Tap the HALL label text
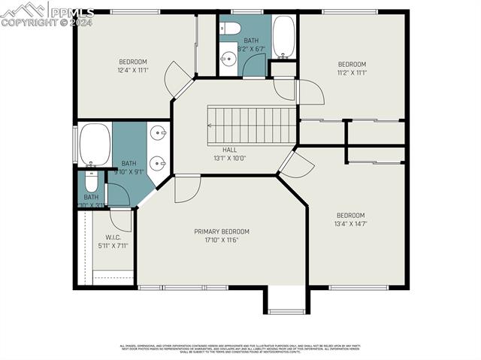coord(219,150)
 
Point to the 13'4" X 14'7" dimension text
coord(350,223)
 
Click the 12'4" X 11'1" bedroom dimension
coord(132,70)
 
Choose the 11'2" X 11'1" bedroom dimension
coord(352,72)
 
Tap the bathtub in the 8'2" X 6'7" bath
coord(283,38)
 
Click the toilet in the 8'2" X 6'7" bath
coord(230,29)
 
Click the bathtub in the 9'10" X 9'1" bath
coord(95,145)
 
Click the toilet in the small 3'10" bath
coord(90,182)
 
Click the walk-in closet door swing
coord(120,220)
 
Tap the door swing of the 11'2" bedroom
coord(310,92)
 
